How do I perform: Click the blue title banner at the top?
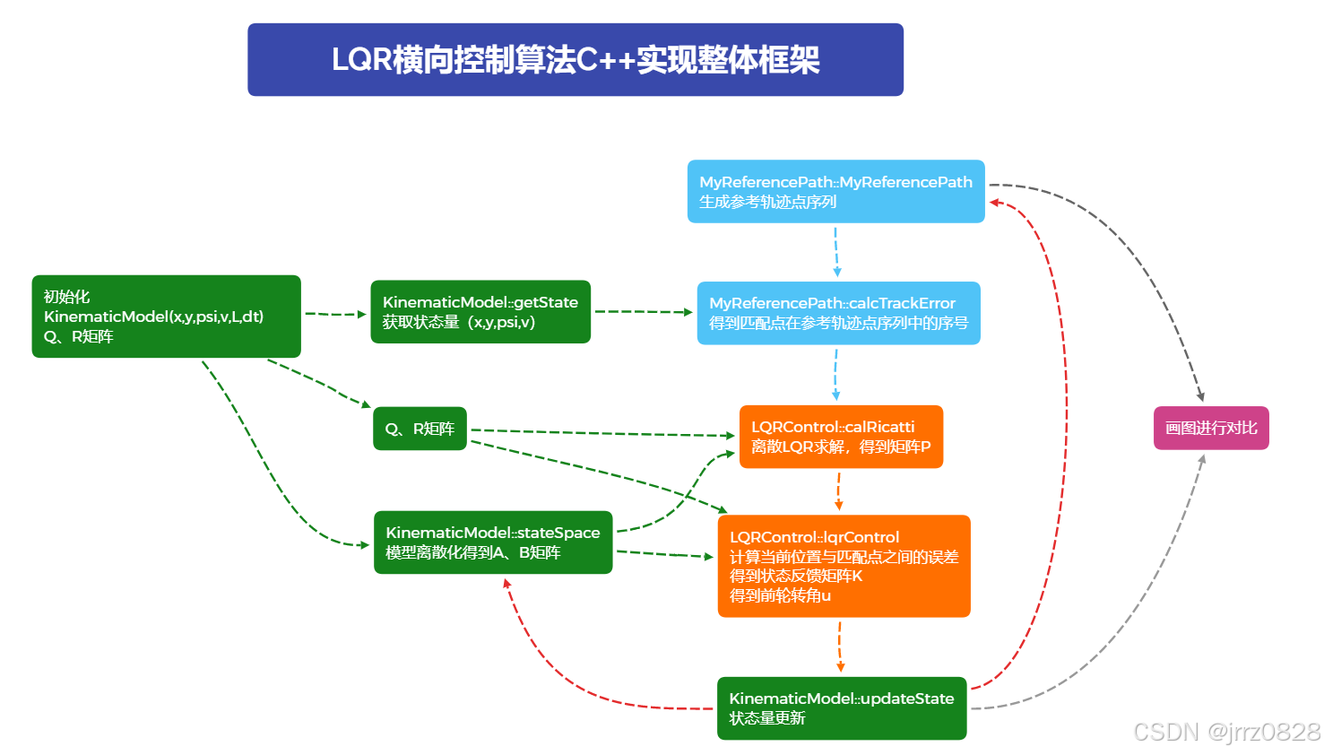[575, 59]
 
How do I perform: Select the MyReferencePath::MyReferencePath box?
[835, 191]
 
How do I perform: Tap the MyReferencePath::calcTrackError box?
[838, 313]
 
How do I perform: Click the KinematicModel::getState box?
[480, 311]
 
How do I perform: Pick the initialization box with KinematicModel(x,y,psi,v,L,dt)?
[166, 317]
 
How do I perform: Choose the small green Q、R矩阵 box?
[420, 429]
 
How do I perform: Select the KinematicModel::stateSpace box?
[493, 542]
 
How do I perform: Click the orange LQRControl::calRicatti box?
[841, 437]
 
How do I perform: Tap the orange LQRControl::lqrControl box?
[844, 566]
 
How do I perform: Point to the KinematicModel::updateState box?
[841, 707]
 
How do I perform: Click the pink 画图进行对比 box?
[1210, 428]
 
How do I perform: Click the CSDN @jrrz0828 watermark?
[1225, 732]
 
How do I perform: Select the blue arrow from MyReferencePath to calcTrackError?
[835, 252]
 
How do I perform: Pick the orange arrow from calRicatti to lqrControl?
[839, 491]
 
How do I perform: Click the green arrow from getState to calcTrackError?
[643, 312]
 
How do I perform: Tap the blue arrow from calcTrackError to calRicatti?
[836, 374]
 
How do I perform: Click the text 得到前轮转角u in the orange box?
[780, 595]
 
